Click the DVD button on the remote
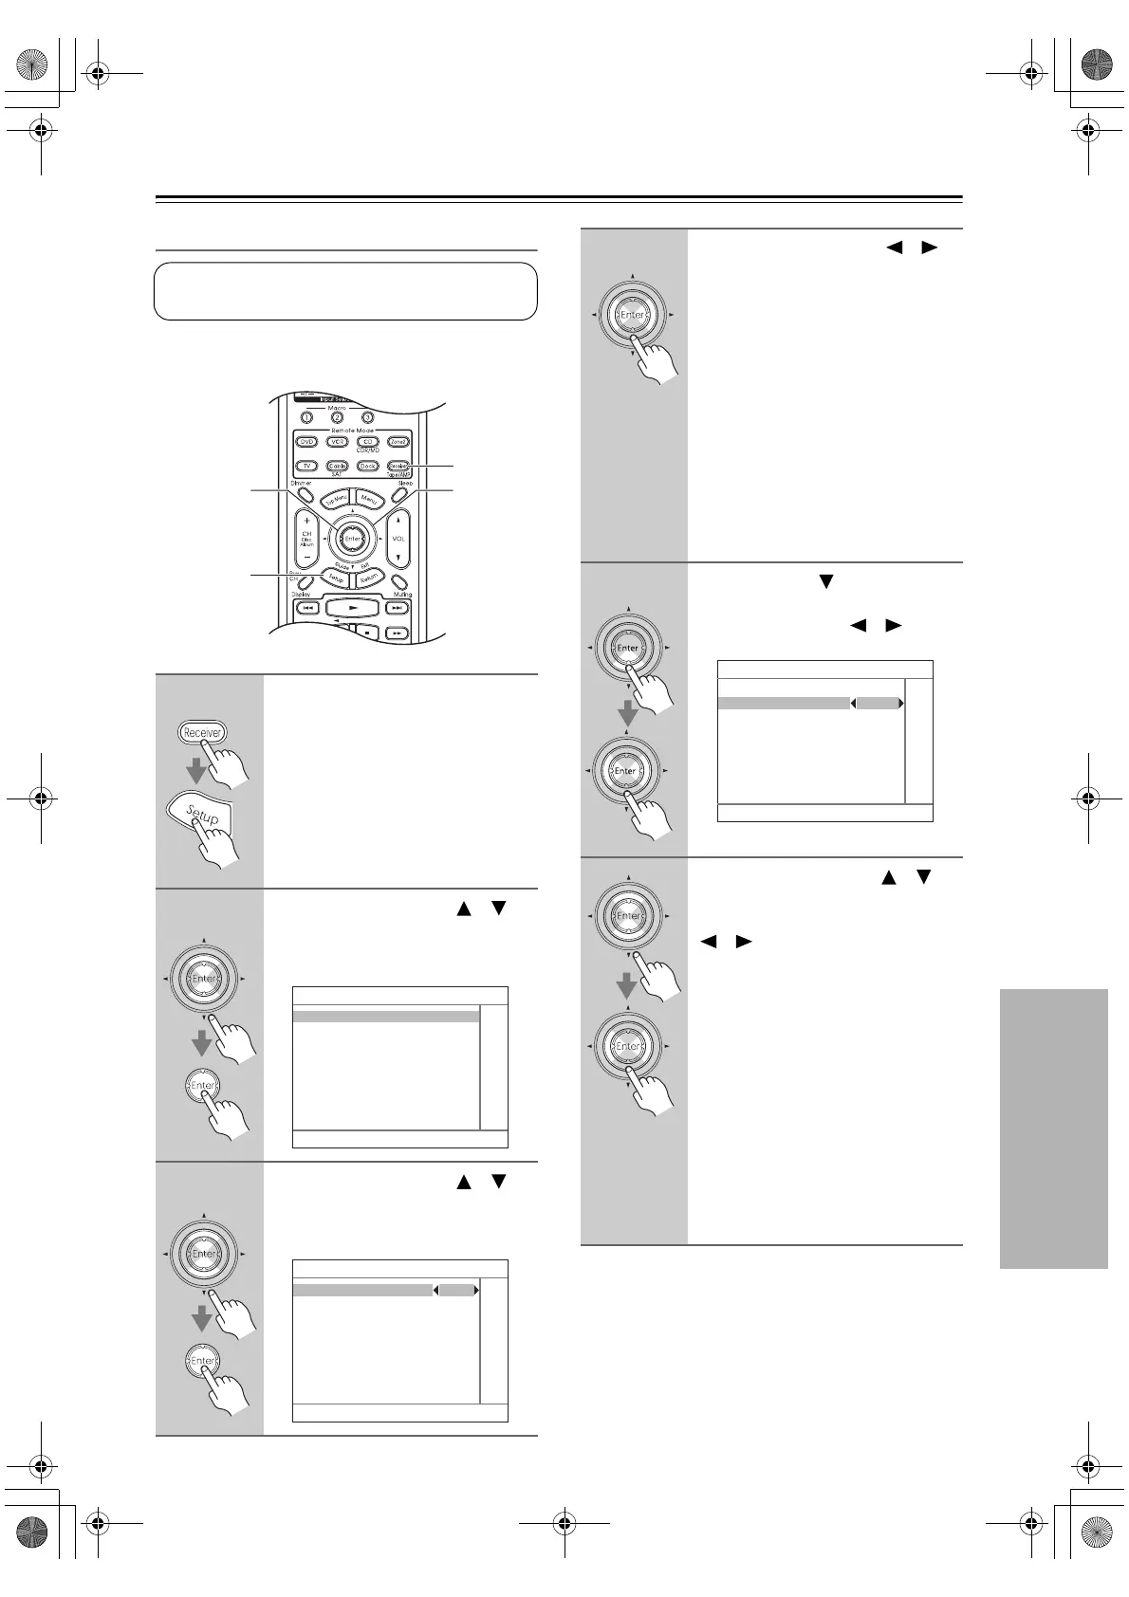306,442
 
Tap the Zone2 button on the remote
398,442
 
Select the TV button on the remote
306,466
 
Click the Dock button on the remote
367,466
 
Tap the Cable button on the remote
337,466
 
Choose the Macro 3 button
368,417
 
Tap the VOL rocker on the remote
398,539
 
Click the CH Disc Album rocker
306,539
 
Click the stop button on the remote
367,632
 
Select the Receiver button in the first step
202,732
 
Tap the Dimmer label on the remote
301,484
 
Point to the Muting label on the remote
402,595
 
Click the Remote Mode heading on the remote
352,430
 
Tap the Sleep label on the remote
405,484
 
